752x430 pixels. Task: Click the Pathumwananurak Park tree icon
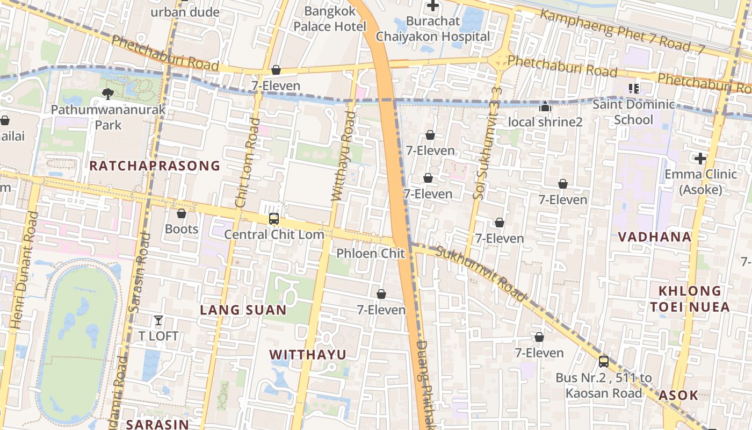[x=107, y=94]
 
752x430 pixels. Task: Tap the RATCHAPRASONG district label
[x=155, y=166]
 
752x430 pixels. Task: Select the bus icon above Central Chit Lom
[x=273, y=219]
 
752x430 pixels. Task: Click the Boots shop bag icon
[x=182, y=214]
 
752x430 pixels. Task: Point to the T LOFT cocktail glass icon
[x=158, y=320]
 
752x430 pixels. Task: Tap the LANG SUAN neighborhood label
[x=243, y=310]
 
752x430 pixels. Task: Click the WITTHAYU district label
[x=308, y=355]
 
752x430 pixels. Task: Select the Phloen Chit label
[x=370, y=253]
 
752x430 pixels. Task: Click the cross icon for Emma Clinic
[x=700, y=159]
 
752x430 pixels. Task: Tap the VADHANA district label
[x=654, y=237]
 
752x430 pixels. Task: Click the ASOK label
[x=678, y=395]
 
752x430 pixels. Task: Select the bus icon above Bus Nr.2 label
[x=604, y=361]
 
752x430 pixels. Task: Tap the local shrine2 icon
[x=545, y=107]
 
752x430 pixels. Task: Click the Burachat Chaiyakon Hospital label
[x=433, y=28]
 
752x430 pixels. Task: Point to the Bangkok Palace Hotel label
[x=330, y=19]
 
